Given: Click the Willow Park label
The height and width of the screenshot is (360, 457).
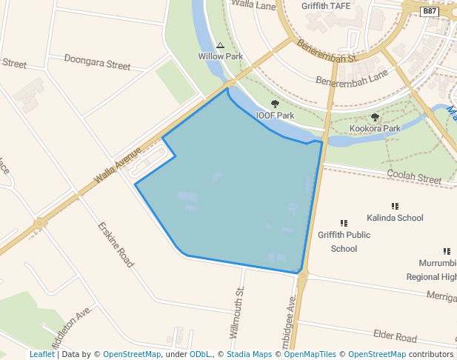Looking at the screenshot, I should click(220, 56).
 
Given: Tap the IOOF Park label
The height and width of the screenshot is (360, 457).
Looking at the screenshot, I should click(275, 116).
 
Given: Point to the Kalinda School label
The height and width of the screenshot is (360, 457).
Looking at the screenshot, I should click(395, 218).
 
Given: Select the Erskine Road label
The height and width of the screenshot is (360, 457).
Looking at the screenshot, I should click(116, 244).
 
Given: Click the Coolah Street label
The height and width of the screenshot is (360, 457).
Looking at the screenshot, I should click(414, 176).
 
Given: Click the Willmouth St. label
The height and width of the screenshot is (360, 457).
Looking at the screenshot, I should click(237, 314).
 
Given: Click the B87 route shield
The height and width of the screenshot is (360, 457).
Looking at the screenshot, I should click(430, 11).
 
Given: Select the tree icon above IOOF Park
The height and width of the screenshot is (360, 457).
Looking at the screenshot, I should click(275, 104).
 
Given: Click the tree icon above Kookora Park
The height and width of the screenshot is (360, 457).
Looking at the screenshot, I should click(374, 117).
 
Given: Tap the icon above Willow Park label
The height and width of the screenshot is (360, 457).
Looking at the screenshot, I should click(220, 45).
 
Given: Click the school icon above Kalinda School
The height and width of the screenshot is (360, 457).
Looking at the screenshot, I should click(395, 206).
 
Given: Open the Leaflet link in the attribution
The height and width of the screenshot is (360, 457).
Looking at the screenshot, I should click(41, 354).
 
